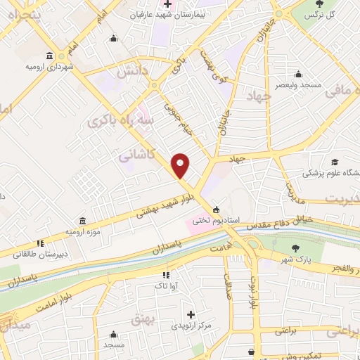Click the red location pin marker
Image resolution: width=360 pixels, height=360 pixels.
click(x=181, y=165)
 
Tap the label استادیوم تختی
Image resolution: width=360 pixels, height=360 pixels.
click(x=240, y=220)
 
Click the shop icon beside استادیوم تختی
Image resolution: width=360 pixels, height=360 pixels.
click(x=216, y=209)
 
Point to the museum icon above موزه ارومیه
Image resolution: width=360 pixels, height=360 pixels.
click(x=83, y=221)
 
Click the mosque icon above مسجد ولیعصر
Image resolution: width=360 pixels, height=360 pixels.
click(x=299, y=74)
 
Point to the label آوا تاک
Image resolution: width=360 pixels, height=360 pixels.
click(x=166, y=286)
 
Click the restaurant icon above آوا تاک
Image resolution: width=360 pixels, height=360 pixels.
click(x=166, y=276)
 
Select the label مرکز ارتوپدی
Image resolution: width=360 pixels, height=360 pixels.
click(x=188, y=326)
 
